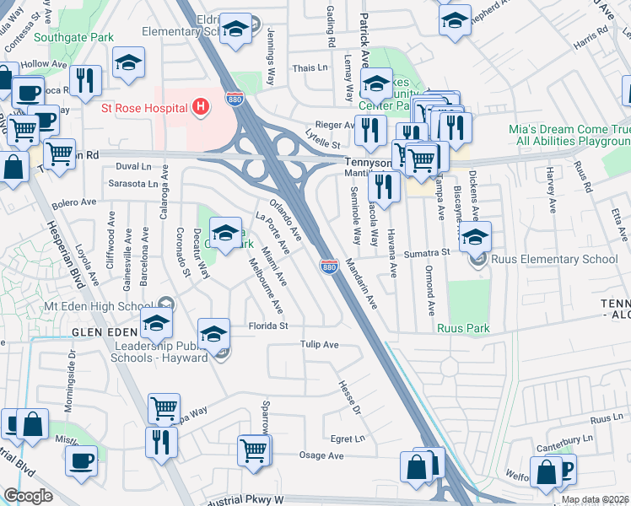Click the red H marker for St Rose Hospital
[201, 107]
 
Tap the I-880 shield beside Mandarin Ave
[329, 266]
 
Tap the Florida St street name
[267, 326]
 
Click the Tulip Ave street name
[320, 345]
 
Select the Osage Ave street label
[322, 455]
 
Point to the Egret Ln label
[348, 439]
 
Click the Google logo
[28, 496]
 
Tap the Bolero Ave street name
[75, 203]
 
